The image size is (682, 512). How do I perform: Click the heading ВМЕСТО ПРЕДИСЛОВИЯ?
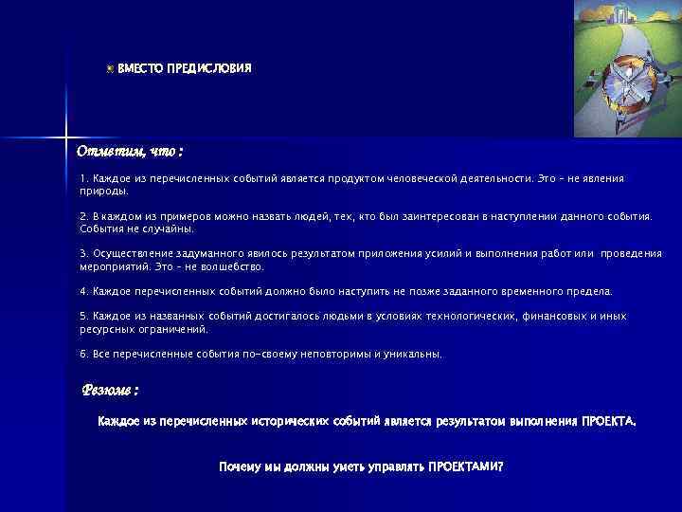pos(185,69)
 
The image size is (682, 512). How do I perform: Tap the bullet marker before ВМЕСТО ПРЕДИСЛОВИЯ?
pos(110,69)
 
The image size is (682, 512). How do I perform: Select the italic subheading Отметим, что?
pos(130,152)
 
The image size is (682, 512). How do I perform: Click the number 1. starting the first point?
pos(83,178)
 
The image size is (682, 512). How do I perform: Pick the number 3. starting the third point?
pos(83,253)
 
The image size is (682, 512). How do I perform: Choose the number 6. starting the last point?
pos(83,354)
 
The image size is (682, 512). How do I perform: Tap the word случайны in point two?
pos(169,229)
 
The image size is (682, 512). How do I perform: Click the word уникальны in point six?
pos(415,354)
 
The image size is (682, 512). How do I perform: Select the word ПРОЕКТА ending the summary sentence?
pos(609,420)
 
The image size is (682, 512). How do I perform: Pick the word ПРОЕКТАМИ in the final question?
pos(465,466)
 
